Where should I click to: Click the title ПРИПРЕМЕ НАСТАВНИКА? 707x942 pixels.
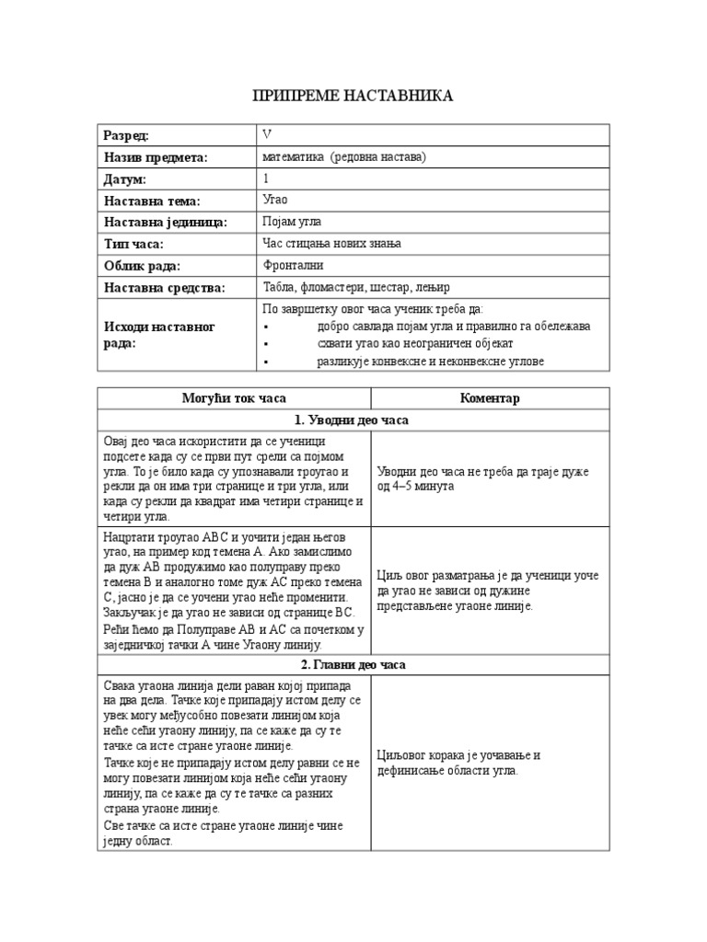pyautogui.click(x=353, y=96)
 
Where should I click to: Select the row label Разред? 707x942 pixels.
pyautogui.click(x=126, y=135)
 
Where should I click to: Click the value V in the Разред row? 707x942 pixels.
pyautogui.click(x=267, y=135)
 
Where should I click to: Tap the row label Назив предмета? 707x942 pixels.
pyautogui.click(x=156, y=157)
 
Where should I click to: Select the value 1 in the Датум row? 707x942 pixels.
pyautogui.click(x=266, y=179)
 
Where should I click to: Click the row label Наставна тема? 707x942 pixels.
pyautogui.click(x=152, y=201)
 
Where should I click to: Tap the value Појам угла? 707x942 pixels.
pyautogui.click(x=293, y=223)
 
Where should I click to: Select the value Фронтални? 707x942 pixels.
pyautogui.click(x=294, y=266)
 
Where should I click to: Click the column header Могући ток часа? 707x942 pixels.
pyautogui.click(x=234, y=398)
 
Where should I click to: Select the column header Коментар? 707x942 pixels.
pyautogui.click(x=490, y=398)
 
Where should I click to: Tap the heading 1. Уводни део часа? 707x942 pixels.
pyautogui.click(x=353, y=420)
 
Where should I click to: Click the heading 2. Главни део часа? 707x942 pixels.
pyautogui.click(x=353, y=665)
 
